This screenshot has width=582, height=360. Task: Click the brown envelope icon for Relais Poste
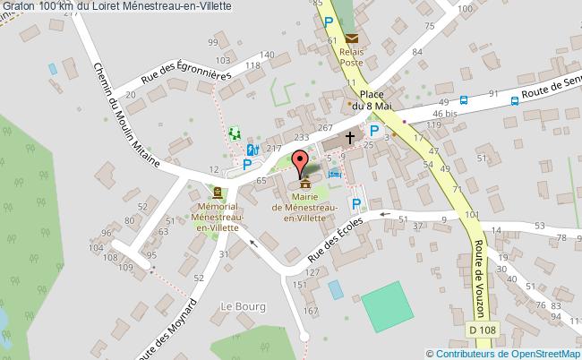tap(352, 38)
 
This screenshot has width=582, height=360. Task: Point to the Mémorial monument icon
tap(217, 193)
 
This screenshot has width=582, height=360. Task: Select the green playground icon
tap(235, 133)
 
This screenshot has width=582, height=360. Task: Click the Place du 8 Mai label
tap(372, 99)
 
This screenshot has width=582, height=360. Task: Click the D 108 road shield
tap(483, 331)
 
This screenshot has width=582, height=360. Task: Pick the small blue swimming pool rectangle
tap(335, 289)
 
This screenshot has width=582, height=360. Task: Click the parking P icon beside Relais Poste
tap(330, 22)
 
